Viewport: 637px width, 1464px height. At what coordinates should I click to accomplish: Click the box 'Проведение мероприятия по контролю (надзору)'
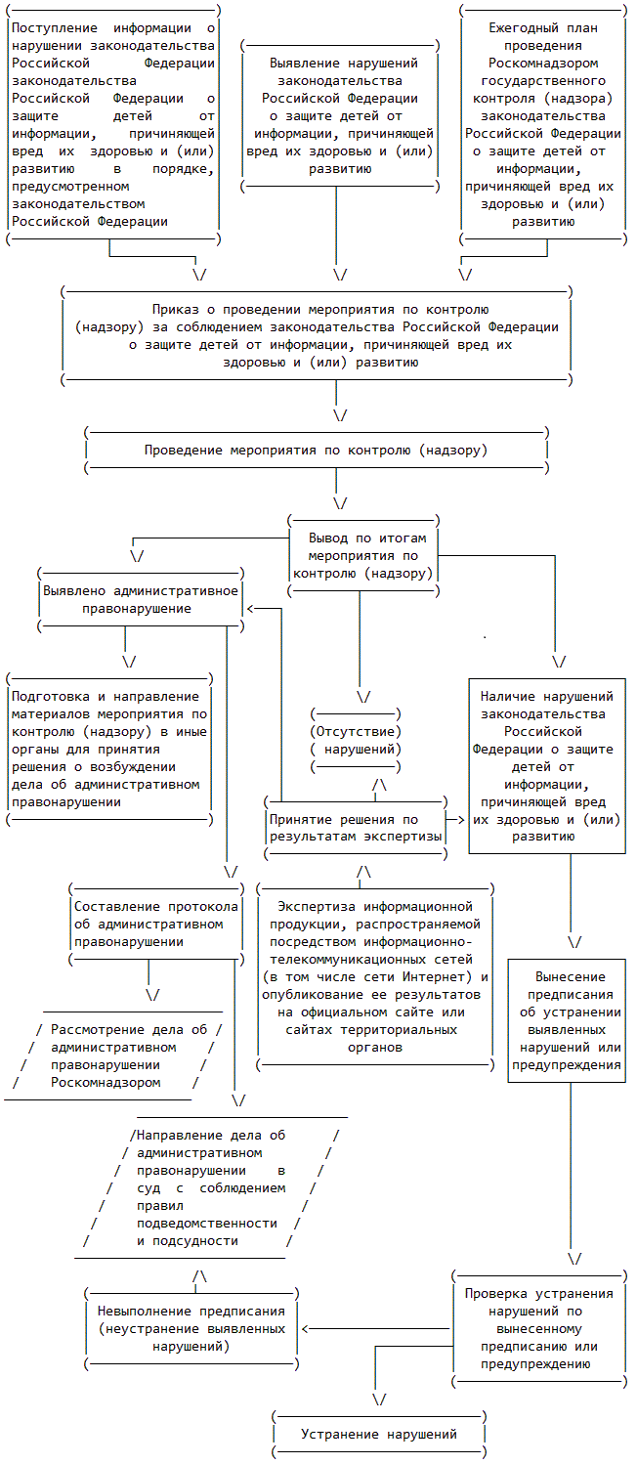[316, 451]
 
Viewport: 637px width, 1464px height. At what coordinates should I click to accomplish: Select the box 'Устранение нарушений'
[378, 1434]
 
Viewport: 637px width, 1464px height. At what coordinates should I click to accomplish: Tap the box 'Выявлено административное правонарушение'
[139, 599]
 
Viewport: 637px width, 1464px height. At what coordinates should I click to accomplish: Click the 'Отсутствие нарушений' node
[356, 740]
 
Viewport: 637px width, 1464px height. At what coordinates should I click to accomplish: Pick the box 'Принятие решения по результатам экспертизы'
[356, 828]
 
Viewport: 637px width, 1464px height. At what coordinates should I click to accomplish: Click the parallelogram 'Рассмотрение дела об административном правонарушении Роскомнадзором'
[117, 1055]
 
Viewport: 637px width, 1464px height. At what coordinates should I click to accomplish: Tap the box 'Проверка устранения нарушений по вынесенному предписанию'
[538, 1328]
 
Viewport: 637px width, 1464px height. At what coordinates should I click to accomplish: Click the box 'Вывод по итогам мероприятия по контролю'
[362, 555]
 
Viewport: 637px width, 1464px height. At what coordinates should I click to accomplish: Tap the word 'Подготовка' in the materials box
[52, 697]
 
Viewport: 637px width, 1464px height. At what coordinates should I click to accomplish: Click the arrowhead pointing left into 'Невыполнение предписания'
[306, 1329]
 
